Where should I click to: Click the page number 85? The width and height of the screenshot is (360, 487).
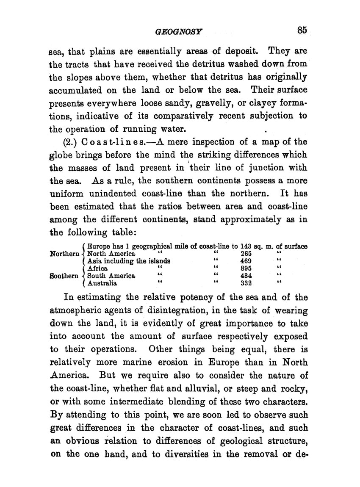tap(302, 30)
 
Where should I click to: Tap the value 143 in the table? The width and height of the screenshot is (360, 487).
tap(246, 246)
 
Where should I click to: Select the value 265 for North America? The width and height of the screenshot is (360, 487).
tap(246, 254)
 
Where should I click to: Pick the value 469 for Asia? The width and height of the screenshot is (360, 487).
tap(246, 261)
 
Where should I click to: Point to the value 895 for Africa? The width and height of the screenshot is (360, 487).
tap(246, 268)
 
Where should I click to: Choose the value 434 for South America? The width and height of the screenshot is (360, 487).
tap(246, 276)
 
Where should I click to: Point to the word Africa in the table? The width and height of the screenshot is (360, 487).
tap(97, 268)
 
